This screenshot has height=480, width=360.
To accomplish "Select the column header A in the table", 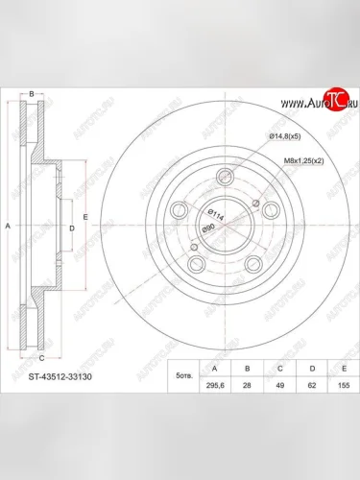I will click(213, 366).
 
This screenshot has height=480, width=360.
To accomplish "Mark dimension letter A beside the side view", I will click(8, 226).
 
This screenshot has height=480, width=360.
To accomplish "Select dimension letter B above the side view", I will click(32, 94).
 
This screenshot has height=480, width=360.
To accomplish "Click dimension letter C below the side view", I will click(40, 357).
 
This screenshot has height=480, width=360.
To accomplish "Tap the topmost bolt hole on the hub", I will click(226, 176).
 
